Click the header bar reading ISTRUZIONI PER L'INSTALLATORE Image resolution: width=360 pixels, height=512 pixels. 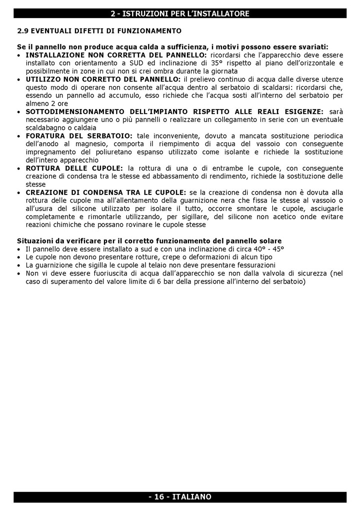click(x=180, y=13)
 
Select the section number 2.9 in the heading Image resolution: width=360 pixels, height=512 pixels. click(x=22, y=31)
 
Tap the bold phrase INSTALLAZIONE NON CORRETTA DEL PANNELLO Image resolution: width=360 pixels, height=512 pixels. click(x=112, y=54)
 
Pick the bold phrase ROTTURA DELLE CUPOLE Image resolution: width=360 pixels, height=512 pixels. click(x=74, y=168)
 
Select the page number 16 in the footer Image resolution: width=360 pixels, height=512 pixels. click(x=159, y=497)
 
